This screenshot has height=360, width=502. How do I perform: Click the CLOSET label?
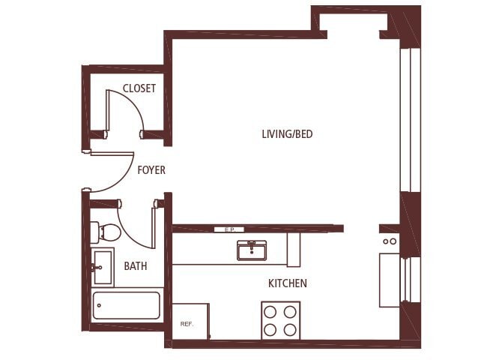tap(139, 88)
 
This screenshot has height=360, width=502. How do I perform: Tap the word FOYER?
tap(151, 170)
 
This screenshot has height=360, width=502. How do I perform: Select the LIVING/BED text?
tap(287, 134)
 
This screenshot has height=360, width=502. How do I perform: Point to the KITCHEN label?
tap(288, 283)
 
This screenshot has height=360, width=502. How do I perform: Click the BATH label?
tap(136, 265)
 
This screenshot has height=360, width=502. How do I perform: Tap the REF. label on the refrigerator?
tap(187, 324)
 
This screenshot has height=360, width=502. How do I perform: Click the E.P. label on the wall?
tap(229, 229)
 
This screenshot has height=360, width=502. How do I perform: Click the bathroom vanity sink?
tap(102, 266)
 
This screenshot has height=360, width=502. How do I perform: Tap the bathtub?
tap(126, 305)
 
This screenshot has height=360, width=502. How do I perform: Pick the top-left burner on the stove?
tap(271, 311)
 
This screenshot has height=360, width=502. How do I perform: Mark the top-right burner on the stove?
tap(290, 311)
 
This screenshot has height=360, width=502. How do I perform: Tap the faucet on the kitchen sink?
tap(252, 244)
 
